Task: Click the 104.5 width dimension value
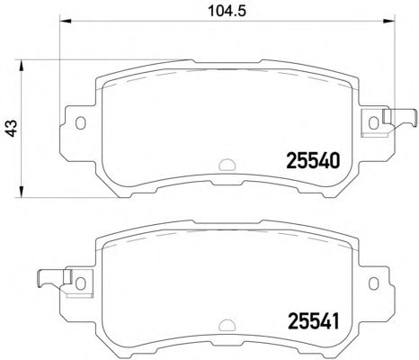[227, 11]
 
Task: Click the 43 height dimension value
[12, 129]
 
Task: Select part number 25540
[313, 160]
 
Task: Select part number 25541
[313, 321]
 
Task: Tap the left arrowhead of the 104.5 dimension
[66, 21]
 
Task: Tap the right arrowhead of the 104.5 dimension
[389, 21]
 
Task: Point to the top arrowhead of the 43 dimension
[21, 66]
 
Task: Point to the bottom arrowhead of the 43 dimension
[21, 192]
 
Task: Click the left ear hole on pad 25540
[80, 123]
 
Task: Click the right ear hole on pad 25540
[373, 123]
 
